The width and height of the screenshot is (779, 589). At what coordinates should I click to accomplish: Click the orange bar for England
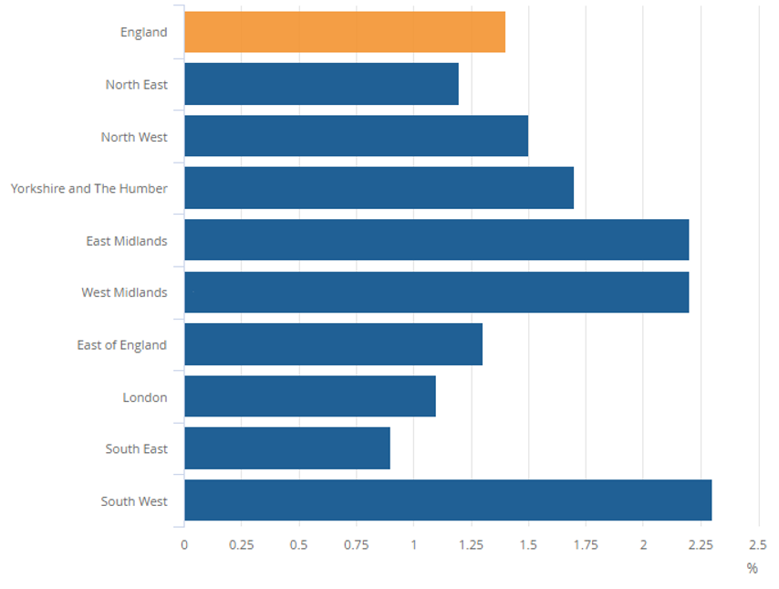(345, 32)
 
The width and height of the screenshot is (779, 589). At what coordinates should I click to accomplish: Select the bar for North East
(321, 84)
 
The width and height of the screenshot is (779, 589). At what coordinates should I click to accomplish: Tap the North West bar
(356, 136)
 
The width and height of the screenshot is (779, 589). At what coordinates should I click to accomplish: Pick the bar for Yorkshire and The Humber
(379, 188)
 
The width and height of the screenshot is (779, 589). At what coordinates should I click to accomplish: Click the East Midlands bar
(436, 240)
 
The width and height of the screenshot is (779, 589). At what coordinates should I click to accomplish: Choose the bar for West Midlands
(436, 292)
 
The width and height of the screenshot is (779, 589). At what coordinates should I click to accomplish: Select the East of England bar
(333, 344)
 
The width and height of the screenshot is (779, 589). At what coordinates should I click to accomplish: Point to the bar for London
(310, 396)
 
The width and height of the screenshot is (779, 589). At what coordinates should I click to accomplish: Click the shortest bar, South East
(287, 448)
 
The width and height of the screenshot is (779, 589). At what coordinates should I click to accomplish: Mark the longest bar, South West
(448, 500)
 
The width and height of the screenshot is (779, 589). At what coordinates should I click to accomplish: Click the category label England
(144, 32)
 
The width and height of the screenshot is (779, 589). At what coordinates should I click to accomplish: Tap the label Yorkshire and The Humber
(89, 188)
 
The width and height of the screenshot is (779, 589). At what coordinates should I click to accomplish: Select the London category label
(145, 397)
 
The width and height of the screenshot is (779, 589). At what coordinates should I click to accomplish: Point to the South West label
(134, 501)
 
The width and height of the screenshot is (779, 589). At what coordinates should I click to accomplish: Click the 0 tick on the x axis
(184, 545)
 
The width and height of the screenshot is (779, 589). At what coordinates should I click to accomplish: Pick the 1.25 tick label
(471, 545)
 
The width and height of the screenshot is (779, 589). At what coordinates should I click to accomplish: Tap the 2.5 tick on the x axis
(757, 545)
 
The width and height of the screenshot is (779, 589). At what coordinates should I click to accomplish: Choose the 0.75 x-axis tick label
(356, 545)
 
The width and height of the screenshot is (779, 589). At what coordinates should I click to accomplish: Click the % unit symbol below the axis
(752, 568)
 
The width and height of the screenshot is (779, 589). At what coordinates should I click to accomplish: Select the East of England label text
(122, 345)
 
